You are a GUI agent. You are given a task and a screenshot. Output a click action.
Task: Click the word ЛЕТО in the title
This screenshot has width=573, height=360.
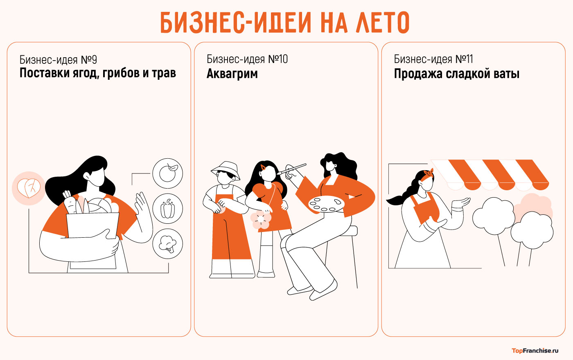click(382, 22)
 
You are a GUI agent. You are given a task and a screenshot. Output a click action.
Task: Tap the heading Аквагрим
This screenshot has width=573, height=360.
click(232, 74)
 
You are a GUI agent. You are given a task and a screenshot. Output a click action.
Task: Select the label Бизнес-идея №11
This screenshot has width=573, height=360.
click(433, 59)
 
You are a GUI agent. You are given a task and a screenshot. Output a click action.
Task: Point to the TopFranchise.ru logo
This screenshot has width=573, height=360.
click(535, 351)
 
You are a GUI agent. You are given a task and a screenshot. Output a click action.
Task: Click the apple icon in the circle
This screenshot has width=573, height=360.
click(168, 173)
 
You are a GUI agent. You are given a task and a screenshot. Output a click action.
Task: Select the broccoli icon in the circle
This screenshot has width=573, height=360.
click(167, 243)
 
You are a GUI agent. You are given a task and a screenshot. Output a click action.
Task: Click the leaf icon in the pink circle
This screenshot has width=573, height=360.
click(29, 188)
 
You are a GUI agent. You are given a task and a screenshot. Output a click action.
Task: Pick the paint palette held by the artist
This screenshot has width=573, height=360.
click(327, 204)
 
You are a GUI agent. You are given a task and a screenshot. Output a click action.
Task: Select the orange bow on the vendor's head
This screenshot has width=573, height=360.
click(429, 173)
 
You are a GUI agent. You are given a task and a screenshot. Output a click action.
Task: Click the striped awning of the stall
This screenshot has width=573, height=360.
click(490, 175)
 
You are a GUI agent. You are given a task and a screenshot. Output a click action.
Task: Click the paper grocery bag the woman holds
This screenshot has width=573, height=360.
click(92, 241)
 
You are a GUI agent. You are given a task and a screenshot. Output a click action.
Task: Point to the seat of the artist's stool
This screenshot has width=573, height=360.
click(352, 231)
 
